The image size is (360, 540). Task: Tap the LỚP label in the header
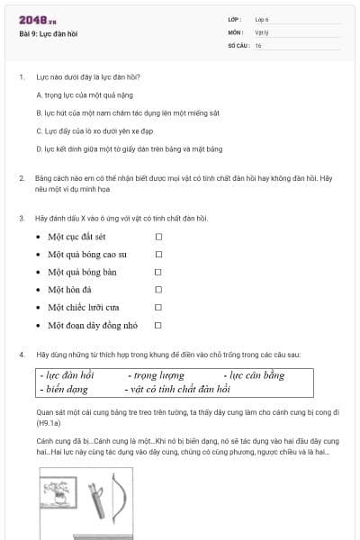(235, 19)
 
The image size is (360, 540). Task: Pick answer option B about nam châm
(126, 112)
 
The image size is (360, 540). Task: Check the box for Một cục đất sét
(158, 237)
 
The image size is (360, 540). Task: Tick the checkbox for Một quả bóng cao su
(158, 255)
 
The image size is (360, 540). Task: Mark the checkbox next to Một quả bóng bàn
(158, 272)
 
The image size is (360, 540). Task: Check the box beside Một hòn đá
(158, 290)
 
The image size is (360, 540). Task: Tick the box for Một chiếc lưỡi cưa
(158, 307)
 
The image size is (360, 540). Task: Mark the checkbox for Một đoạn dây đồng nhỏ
(158, 325)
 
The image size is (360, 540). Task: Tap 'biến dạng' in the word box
(64, 389)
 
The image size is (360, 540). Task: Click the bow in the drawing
(123, 505)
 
